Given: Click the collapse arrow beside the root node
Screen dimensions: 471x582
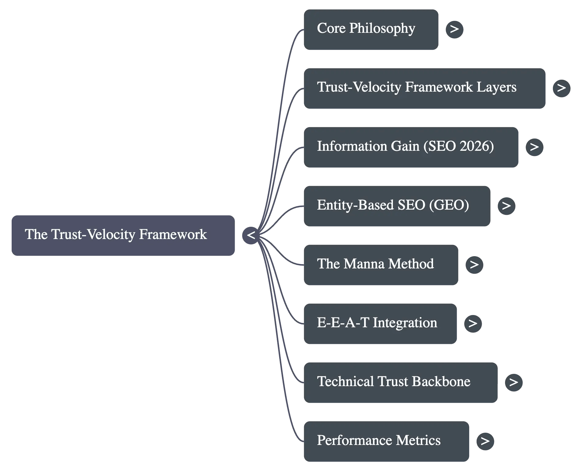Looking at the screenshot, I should pyautogui.click(x=251, y=235).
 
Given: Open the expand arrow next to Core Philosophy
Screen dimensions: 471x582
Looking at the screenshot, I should pyautogui.click(x=454, y=29).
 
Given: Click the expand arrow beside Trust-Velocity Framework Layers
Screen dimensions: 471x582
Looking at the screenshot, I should pyautogui.click(x=561, y=88).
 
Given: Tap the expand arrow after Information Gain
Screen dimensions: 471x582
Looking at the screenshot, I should pyautogui.click(x=534, y=147).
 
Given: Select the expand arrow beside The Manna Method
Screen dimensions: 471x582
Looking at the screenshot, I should pyautogui.click(x=474, y=265).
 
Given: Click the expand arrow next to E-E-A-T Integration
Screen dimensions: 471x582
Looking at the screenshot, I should pyautogui.click(x=473, y=324).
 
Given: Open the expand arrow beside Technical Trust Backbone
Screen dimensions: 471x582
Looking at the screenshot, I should pyautogui.click(x=513, y=382).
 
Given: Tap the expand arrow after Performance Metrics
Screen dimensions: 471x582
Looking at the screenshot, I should pyautogui.click(x=485, y=441).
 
